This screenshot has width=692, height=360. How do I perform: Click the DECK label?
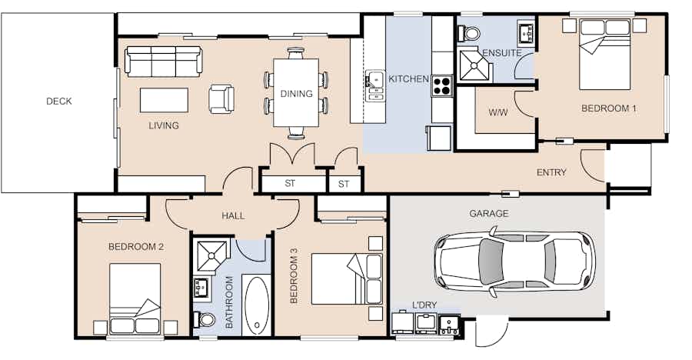58,101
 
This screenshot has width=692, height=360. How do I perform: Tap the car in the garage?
514,262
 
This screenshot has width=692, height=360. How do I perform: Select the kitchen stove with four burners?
442,85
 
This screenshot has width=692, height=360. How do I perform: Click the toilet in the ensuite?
469,32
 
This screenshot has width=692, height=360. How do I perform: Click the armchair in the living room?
221,98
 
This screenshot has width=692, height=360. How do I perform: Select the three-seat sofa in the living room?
164,61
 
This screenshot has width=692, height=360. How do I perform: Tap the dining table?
296,93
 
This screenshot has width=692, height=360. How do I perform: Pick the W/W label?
498,112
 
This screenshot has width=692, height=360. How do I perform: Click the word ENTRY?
551,172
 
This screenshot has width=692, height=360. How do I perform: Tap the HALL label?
233,215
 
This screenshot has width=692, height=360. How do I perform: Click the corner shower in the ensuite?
475,66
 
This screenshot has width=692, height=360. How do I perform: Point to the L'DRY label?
424,305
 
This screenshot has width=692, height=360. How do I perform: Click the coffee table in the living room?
165,100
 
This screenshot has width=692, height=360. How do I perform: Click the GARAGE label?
488,213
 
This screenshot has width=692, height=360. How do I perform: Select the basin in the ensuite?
526,32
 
